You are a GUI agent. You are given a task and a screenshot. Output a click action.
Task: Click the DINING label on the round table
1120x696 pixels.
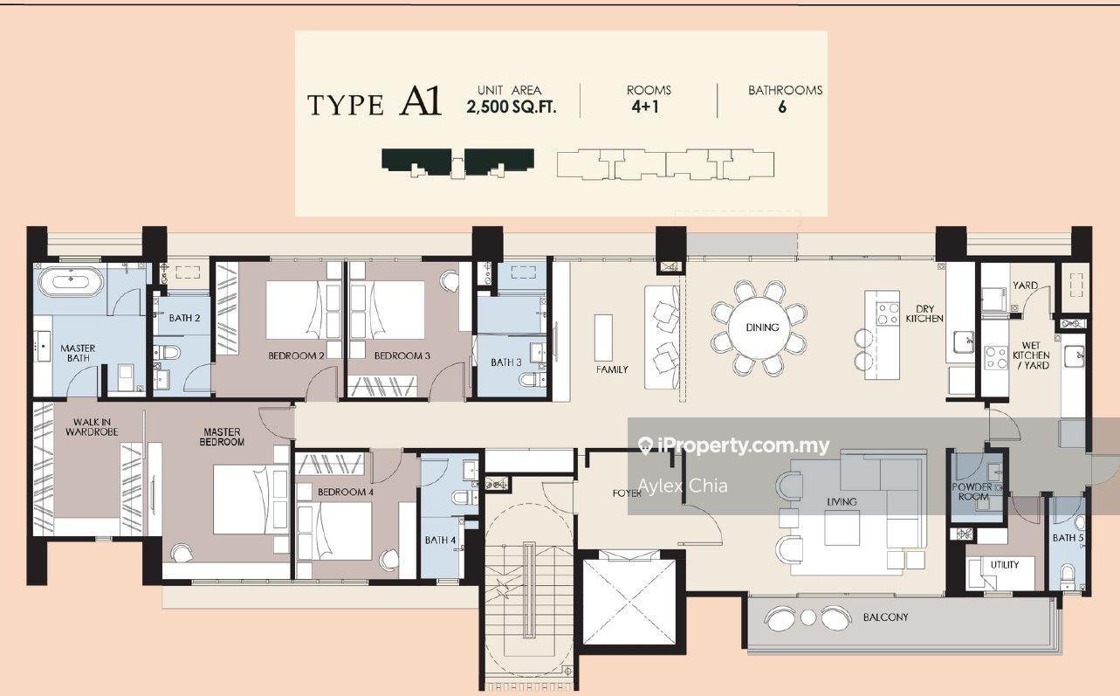pyautogui.click(x=762, y=327)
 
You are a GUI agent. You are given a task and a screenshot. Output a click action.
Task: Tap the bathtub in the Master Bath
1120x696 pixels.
pyautogui.click(x=71, y=283)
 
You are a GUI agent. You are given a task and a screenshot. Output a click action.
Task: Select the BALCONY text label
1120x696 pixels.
pyautogui.click(x=885, y=617)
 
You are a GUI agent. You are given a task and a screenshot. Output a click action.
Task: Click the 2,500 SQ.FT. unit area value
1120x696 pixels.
pyautogui.click(x=511, y=107)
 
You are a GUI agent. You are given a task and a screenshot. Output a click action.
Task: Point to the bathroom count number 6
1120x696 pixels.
pyautogui.click(x=782, y=107)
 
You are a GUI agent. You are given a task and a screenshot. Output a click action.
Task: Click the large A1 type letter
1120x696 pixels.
pyautogui.click(x=420, y=101)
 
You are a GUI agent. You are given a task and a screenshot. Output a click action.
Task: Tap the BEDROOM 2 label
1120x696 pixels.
pyautogui.click(x=296, y=355)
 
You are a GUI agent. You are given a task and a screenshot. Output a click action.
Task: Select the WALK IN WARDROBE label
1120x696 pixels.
pyautogui.click(x=92, y=427)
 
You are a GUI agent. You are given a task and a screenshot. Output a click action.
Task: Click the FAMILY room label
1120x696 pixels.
pyautogui.click(x=612, y=369)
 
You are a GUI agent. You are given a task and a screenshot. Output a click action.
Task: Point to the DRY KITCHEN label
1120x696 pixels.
pyautogui.click(x=924, y=314)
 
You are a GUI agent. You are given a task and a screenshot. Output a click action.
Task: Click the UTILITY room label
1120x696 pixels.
pyautogui.click(x=1005, y=564)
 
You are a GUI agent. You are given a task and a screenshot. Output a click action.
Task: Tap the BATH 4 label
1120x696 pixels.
pyautogui.click(x=440, y=540)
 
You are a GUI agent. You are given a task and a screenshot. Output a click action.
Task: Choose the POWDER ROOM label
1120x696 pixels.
pyautogui.click(x=972, y=492)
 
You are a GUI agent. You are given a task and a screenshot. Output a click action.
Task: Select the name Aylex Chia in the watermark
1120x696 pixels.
pyautogui.click(x=683, y=486)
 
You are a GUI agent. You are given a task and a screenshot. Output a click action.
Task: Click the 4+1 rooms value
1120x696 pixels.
pyautogui.click(x=645, y=107)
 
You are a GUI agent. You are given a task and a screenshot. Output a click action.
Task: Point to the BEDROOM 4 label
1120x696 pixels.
pyautogui.click(x=346, y=493)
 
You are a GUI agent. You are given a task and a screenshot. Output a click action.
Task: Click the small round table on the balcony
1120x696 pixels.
pyautogui.click(x=808, y=617)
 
